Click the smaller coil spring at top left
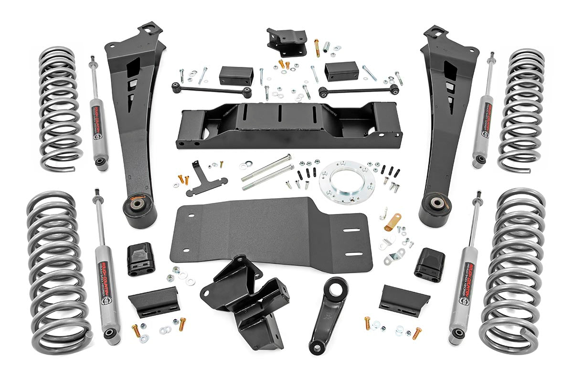60,107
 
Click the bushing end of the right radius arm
435,205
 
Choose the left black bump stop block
141,258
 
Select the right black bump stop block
429,264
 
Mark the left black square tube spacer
236,75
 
